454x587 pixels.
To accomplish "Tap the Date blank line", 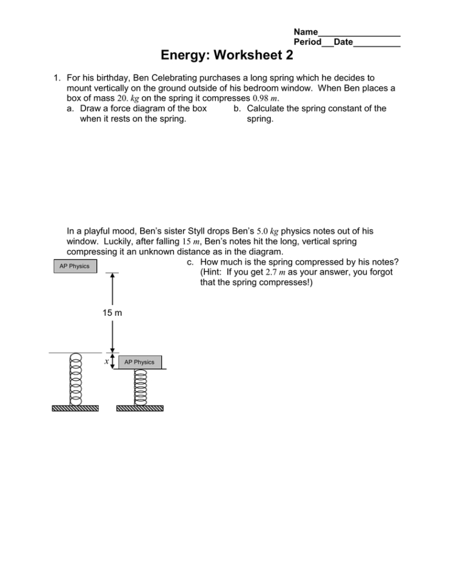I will (x=376, y=44).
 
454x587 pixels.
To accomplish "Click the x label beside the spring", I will (x=106, y=361).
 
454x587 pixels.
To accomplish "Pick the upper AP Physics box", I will (x=75, y=266).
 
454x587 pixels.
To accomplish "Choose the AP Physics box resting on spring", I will (x=139, y=362).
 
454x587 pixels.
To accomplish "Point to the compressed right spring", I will (x=140, y=387).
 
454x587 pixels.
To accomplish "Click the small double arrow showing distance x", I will (x=113, y=361).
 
